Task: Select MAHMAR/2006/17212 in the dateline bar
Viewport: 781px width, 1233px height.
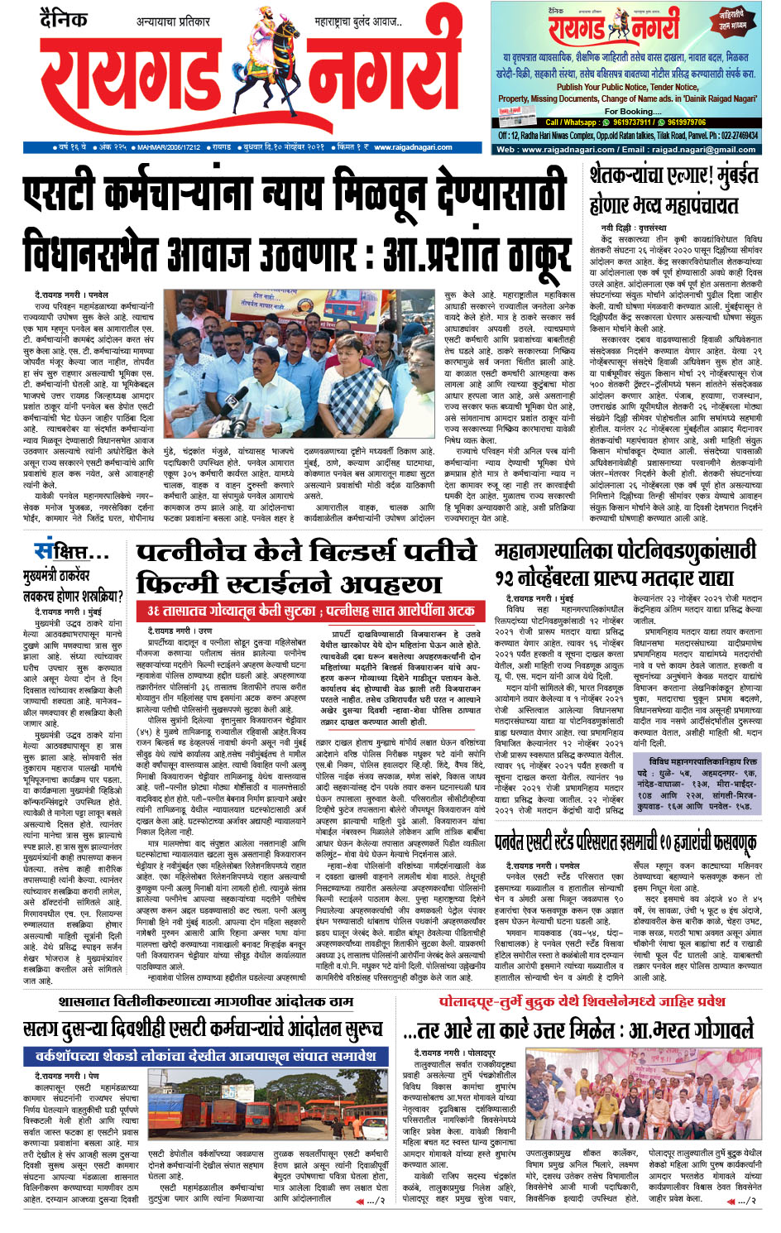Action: pyautogui.click(x=169, y=147)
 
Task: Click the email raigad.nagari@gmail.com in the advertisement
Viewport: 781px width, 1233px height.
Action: pyautogui.click(x=692, y=150)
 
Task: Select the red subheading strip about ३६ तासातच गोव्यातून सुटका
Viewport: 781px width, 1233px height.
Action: pyautogui.click(x=311, y=611)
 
